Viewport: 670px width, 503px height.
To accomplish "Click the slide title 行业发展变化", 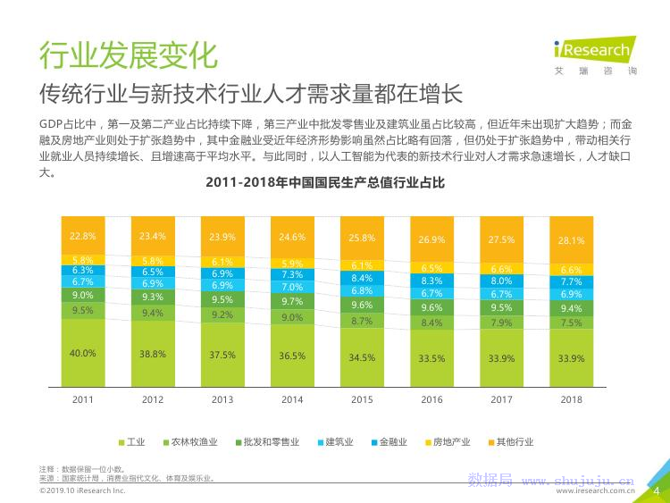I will [x=128, y=54].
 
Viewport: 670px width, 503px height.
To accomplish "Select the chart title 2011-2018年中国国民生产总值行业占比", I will [x=325, y=183].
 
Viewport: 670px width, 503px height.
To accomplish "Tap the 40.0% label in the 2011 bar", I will [x=83, y=354].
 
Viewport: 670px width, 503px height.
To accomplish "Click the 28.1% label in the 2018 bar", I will [x=571, y=240].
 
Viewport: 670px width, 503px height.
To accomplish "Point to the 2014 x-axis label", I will [x=292, y=399].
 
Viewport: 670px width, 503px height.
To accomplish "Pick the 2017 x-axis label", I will [x=501, y=399].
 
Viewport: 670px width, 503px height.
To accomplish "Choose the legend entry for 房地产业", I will [x=447, y=441].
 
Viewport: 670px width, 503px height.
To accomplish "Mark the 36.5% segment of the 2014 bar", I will [x=292, y=356].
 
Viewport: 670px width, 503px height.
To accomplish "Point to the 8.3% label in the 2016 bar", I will [x=431, y=281].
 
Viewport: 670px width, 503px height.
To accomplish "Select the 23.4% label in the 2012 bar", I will [x=153, y=237].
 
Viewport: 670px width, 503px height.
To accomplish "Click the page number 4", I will [x=657, y=490].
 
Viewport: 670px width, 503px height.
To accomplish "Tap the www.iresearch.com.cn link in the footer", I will [x=595, y=490].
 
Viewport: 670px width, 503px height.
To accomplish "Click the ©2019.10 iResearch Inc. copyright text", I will [x=81, y=490].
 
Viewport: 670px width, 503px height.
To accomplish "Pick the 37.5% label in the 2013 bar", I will [x=222, y=355].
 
